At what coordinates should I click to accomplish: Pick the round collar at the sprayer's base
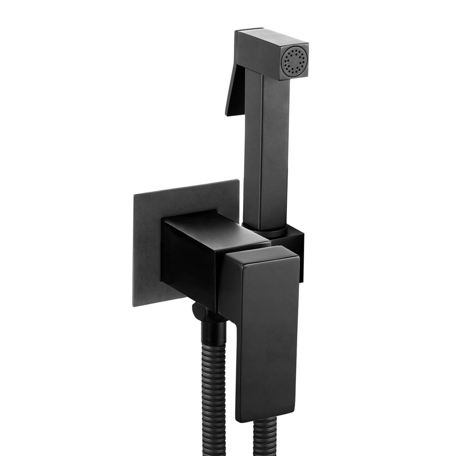pos(264,230)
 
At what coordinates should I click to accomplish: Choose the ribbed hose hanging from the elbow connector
pos(214,388)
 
